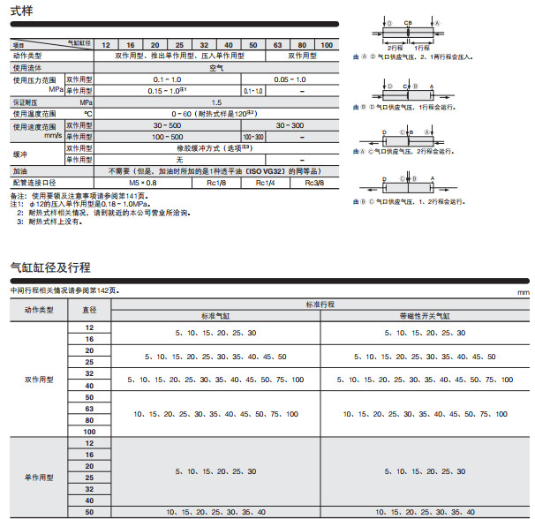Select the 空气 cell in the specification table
pos(215,67)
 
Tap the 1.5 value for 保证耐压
pos(216,102)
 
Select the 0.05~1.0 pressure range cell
pos(290,79)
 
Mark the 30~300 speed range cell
pos(290,125)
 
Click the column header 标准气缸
pos(215,315)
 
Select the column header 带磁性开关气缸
pos(425,315)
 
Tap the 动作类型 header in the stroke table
pos(39,310)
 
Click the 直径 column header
pos(89,310)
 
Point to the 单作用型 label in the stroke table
pos(39,477)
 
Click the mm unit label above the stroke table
pos(523,293)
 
